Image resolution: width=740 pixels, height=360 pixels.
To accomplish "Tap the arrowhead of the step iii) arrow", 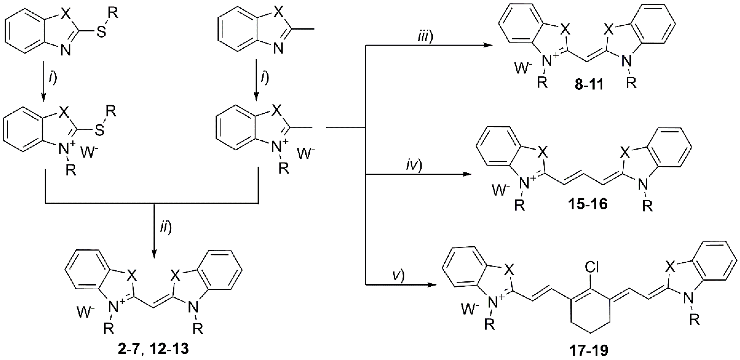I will click(487, 45).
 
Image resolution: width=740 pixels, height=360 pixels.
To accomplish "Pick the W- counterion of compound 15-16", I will click(501, 190).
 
